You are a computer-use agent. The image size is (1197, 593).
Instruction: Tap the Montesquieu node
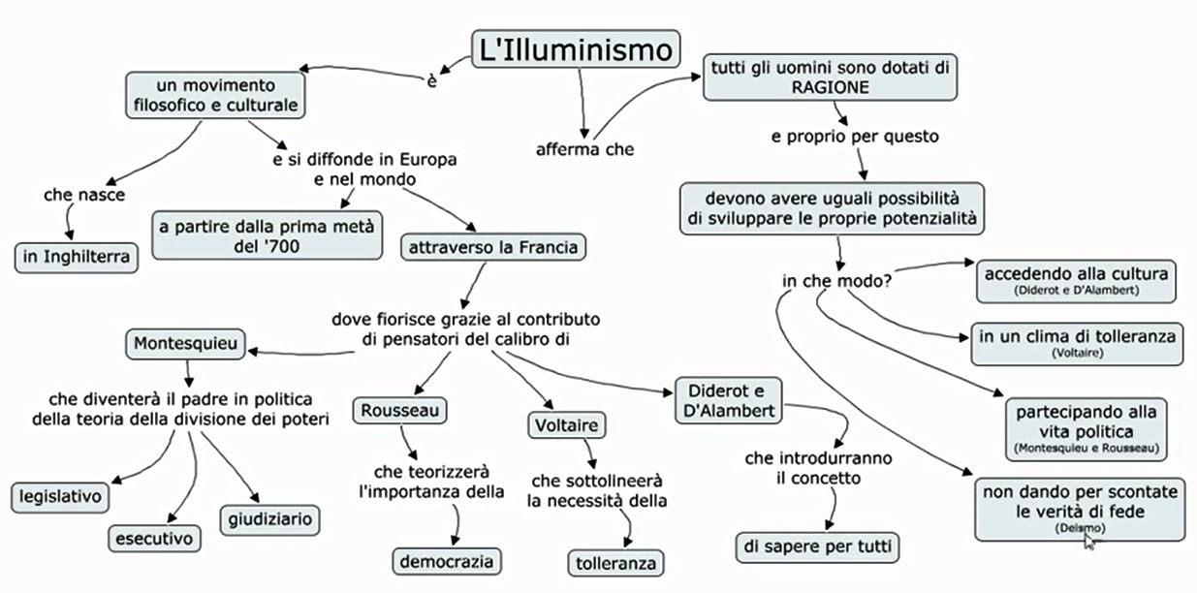coord(185,343)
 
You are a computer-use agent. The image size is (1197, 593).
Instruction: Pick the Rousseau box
coord(399,411)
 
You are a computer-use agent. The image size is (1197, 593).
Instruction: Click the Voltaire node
coord(566,424)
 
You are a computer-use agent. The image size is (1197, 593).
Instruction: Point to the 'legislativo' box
coord(60,497)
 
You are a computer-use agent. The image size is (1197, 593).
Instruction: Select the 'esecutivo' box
coord(154,536)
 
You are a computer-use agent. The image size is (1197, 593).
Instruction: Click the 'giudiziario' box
coord(270,519)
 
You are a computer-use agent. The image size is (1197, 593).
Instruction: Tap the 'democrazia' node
coord(449,560)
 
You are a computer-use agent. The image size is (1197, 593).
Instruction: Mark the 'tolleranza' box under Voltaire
coord(615,563)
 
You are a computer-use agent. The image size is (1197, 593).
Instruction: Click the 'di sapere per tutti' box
coord(817,546)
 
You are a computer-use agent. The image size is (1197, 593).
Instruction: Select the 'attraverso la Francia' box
coord(493,247)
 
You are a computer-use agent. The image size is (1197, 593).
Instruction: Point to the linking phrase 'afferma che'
coord(585,149)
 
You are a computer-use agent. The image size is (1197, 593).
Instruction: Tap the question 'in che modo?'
coord(837,281)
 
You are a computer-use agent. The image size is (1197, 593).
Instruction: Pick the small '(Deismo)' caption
coord(1079,527)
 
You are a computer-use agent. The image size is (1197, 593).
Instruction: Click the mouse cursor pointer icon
coord(1089,541)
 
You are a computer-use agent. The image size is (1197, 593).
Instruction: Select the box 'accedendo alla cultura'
coord(1076,278)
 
